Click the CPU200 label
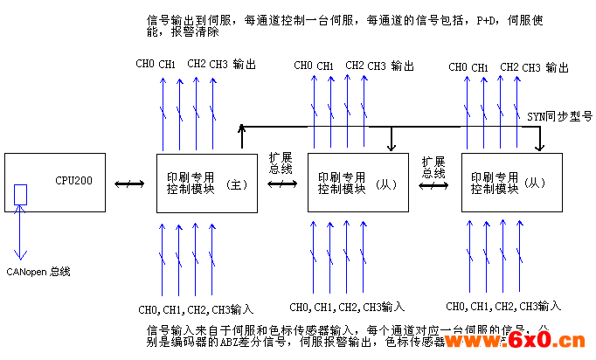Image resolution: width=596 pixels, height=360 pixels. pyautogui.click(x=73, y=181)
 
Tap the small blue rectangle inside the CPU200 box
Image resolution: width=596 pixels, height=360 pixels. pyautogui.click(x=21, y=195)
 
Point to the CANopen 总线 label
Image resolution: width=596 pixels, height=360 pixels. pyautogui.click(x=38, y=272)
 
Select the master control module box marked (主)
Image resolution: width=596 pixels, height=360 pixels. pyautogui.click(x=207, y=183)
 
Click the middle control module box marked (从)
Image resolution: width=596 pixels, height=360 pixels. pyautogui.click(x=357, y=183)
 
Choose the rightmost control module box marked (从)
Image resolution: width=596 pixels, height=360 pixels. pyautogui.click(x=511, y=183)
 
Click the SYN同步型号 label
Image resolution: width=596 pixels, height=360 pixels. pyautogui.click(x=559, y=115)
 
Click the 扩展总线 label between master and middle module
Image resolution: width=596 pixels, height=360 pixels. pyautogui.click(x=281, y=162)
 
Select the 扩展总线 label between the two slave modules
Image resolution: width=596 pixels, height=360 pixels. pyautogui.click(x=433, y=167)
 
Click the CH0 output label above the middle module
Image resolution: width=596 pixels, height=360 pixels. pyautogui.click(x=302, y=66)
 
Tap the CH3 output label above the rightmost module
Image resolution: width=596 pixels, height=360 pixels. pyautogui.click(x=531, y=67)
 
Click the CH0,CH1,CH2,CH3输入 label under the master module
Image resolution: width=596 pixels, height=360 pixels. pyautogui.click(x=196, y=309)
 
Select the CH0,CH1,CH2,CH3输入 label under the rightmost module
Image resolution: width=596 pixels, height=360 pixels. pyautogui.click(x=502, y=306)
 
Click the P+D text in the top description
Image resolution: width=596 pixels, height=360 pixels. pyautogui.click(x=486, y=21)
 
